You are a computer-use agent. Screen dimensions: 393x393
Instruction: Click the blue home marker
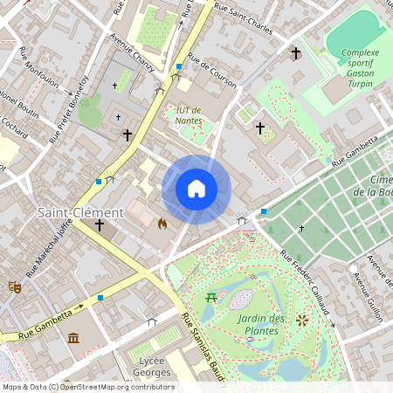tap(196, 189)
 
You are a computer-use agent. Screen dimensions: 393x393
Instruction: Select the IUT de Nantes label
tap(190, 114)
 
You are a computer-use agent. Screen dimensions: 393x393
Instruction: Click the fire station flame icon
tap(162, 224)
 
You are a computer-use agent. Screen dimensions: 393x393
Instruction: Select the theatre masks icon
tap(15, 286)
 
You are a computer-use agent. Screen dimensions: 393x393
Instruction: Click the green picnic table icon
tap(211, 299)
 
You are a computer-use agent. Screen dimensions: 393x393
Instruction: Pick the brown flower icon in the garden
tap(302, 320)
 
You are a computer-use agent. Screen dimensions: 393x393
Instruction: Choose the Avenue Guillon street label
tap(367, 279)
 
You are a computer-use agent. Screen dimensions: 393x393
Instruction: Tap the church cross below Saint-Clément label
tap(99, 225)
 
